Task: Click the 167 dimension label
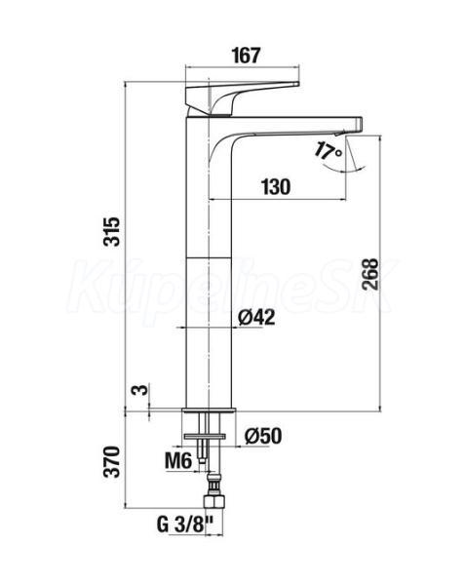pyautogui.click(x=246, y=56)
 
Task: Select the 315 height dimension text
pyautogui.click(x=112, y=231)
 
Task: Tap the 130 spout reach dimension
pyautogui.click(x=276, y=187)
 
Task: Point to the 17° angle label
pyautogui.click(x=328, y=152)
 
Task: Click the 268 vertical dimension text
pyautogui.click(x=370, y=274)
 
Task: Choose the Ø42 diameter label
pyautogui.click(x=256, y=318)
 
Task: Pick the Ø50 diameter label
pyautogui.click(x=263, y=436)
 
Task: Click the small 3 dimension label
pyautogui.click(x=140, y=390)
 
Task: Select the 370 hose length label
pyautogui.click(x=112, y=461)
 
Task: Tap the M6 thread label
pyautogui.click(x=178, y=461)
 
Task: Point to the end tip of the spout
pyautogui.click(x=361, y=124)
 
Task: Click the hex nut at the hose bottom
pyautogui.click(x=213, y=501)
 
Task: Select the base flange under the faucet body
pyautogui.click(x=210, y=410)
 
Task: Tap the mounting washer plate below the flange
pyautogui.click(x=205, y=437)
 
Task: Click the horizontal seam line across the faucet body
pyautogui.click(x=209, y=257)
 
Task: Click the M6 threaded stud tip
pyautogui.click(x=202, y=459)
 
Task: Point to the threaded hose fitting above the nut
pyautogui.click(x=213, y=484)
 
